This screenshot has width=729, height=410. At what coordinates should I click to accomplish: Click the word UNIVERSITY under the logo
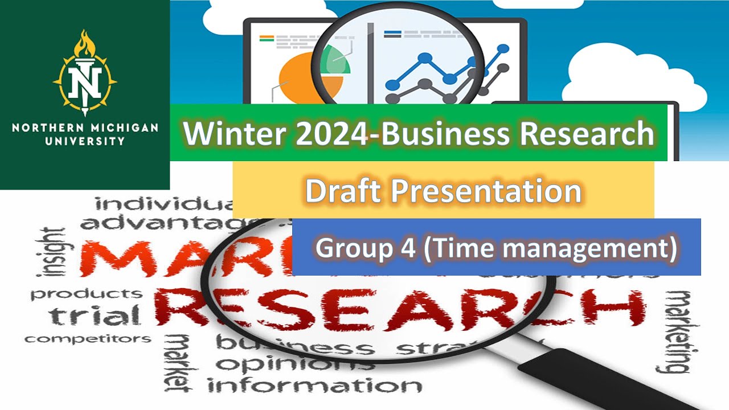click(x=85, y=140)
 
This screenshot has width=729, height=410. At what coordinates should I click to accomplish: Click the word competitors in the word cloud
click(x=88, y=339)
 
